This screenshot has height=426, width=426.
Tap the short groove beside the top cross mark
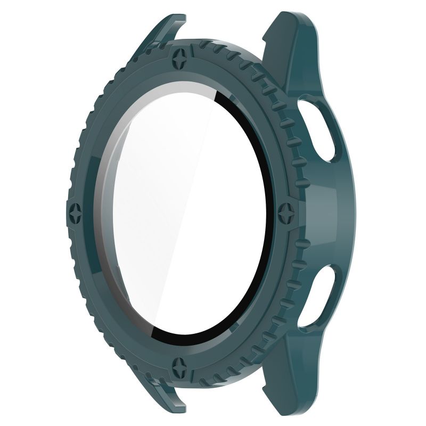206,59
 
